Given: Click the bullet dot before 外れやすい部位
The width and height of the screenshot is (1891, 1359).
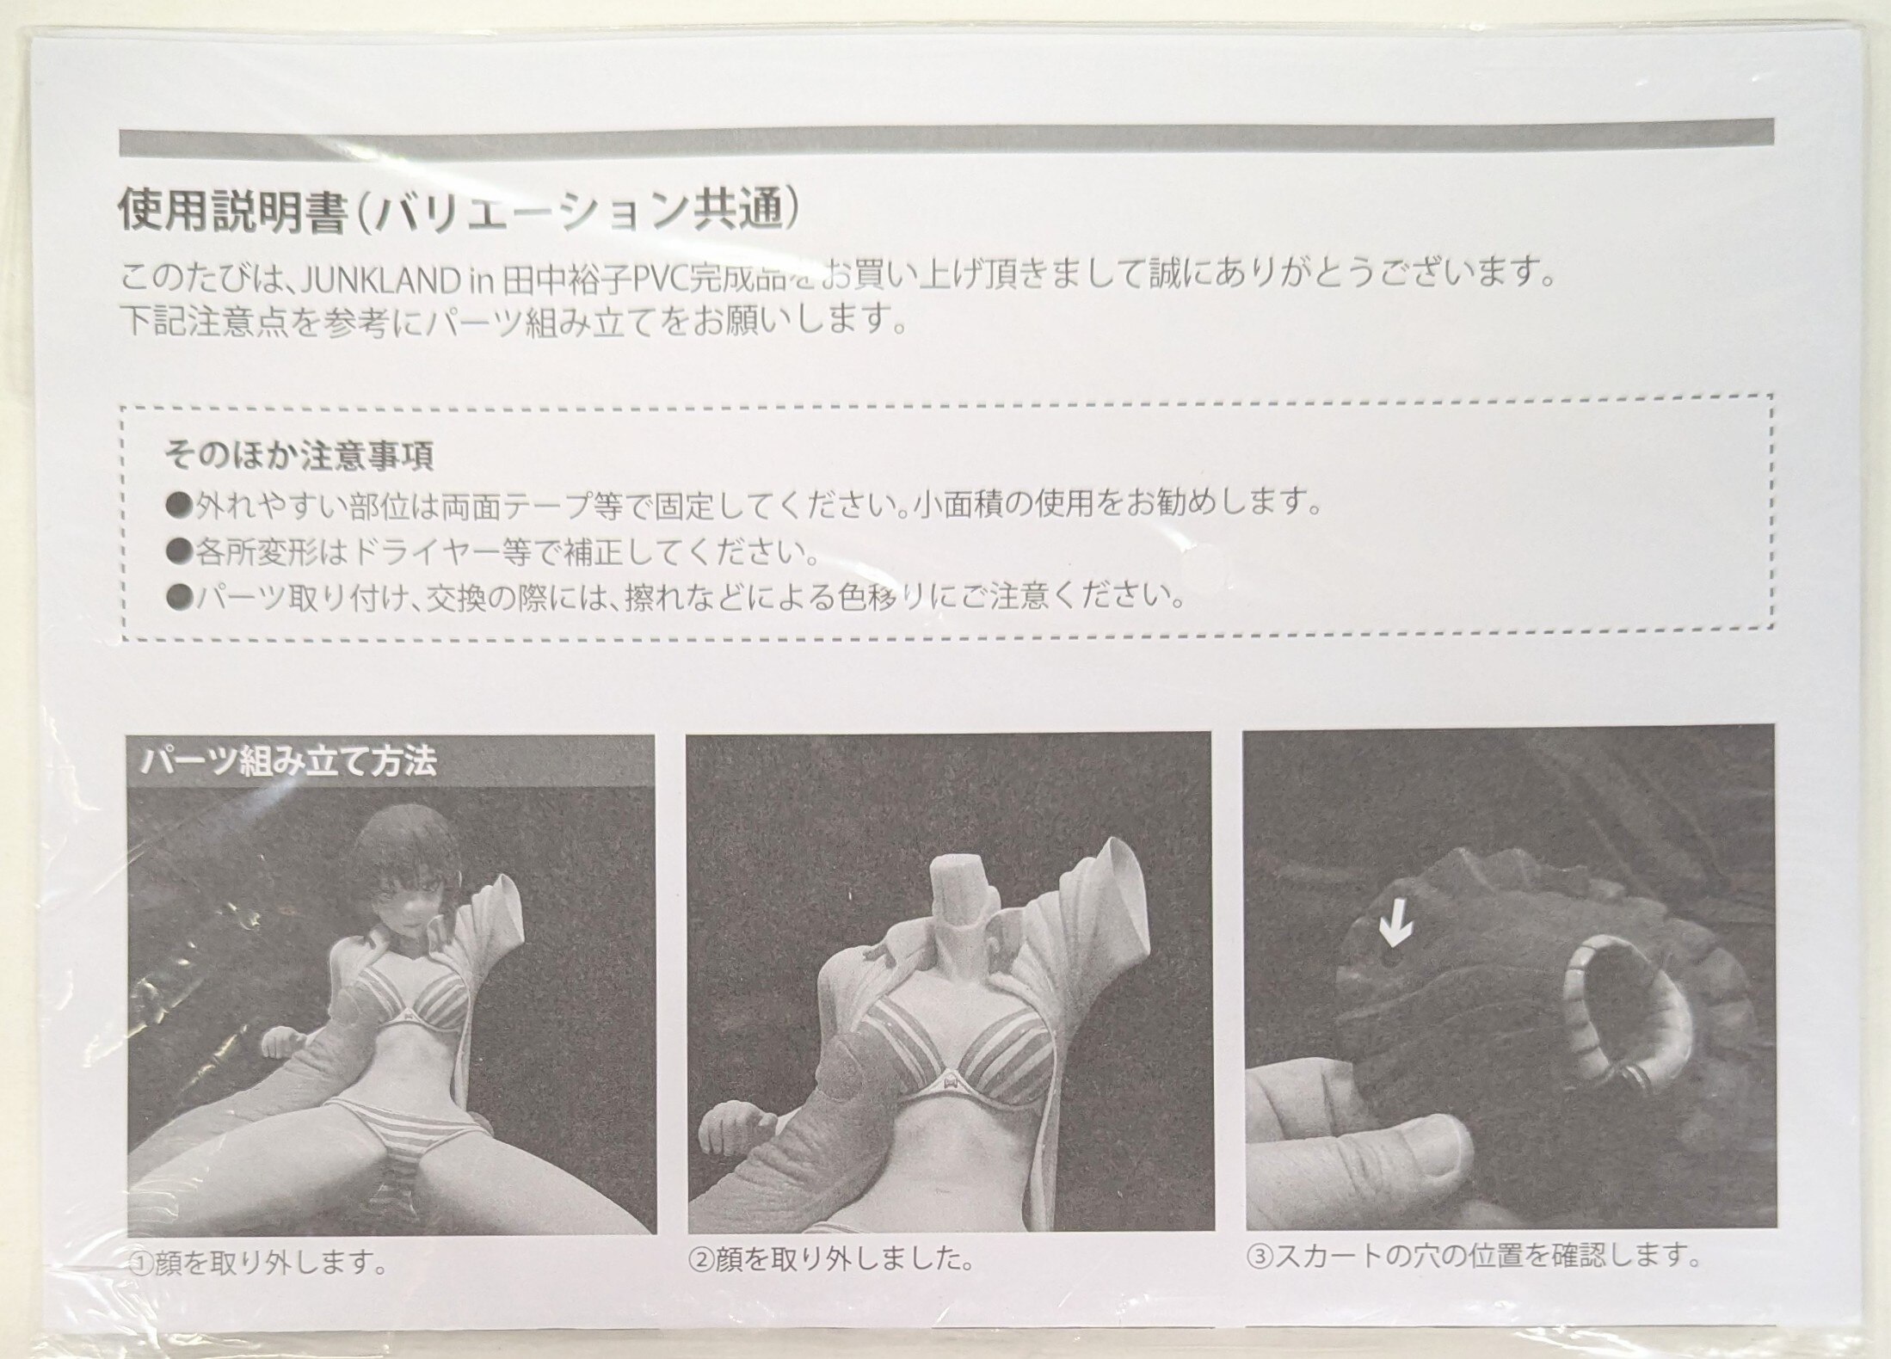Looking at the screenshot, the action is pyautogui.click(x=181, y=503).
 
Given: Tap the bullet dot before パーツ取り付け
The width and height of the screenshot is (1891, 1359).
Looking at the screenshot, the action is pyautogui.click(x=181, y=596).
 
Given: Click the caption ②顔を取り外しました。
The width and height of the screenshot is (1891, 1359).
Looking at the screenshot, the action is pyautogui.click(x=833, y=1261).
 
